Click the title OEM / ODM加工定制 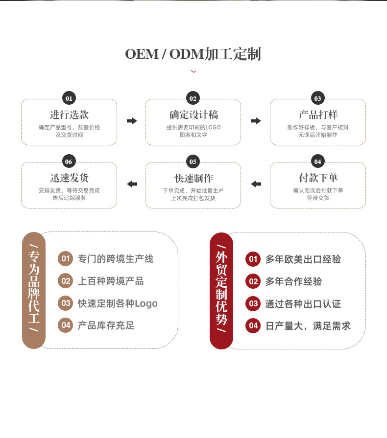tap(193, 54)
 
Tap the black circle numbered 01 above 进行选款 tap(69, 98)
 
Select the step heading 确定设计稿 tap(193, 115)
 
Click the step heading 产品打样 tap(318, 115)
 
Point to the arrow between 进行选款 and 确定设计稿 tap(132, 121)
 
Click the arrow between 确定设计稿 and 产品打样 tap(256, 121)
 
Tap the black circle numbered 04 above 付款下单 tap(318, 161)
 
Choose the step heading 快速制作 tap(193, 178)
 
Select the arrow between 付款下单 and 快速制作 tap(256, 184)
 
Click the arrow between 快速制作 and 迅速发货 tap(132, 184)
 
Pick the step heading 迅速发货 tap(69, 178)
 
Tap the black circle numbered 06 tap(69, 161)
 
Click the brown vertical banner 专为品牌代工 tap(34, 290)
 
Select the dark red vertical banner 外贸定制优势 tap(221, 291)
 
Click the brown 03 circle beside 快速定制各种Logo tap(65, 303)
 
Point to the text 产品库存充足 tap(106, 325)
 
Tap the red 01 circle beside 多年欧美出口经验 tap(253, 259)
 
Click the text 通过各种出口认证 tap(303, 303)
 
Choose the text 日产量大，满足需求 tap(308, 325)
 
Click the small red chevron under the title tap(193, 71)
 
